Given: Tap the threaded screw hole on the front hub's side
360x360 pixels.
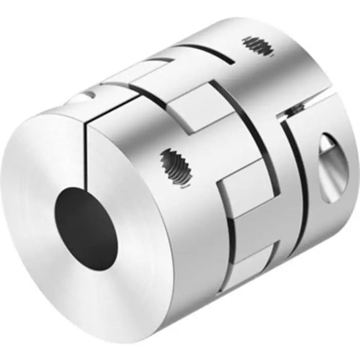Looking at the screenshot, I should [176, 167].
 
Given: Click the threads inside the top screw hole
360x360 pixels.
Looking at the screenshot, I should [258, 46].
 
